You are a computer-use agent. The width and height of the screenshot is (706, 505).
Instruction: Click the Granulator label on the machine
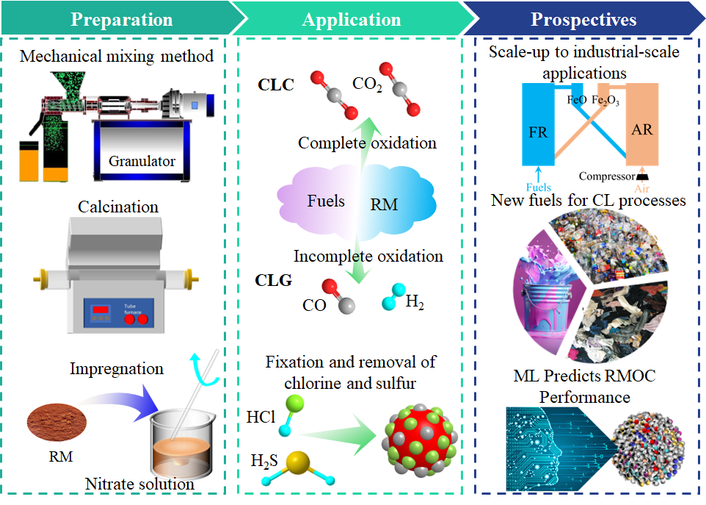pyautogui.click(x=142, y=160)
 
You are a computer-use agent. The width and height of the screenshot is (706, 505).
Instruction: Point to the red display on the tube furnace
pyautogui.click(x=101, y=310)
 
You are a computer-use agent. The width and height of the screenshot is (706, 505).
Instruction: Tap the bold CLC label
pyautogui.click(x=276, y=85)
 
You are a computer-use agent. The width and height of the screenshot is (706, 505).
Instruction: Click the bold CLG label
pyautogui.click(x=275, y=280)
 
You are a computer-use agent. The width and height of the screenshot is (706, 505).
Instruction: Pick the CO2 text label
pyautogui.click(x=367, y=85)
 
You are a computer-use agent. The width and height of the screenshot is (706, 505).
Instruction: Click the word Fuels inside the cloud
pyautogui.click(x=325, y=201)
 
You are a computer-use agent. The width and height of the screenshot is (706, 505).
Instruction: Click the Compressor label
pyautogui.click(x=606, y=176)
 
